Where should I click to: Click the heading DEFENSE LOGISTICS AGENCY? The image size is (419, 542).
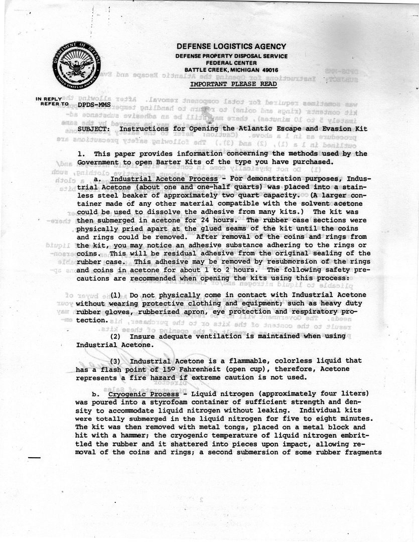pyautogui.click(x=231, y=47)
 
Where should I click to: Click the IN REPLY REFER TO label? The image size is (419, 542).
pyautogui.click(x=51, y=102)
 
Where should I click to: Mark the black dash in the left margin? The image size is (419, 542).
pyautogui.click(x=34, y=458)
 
